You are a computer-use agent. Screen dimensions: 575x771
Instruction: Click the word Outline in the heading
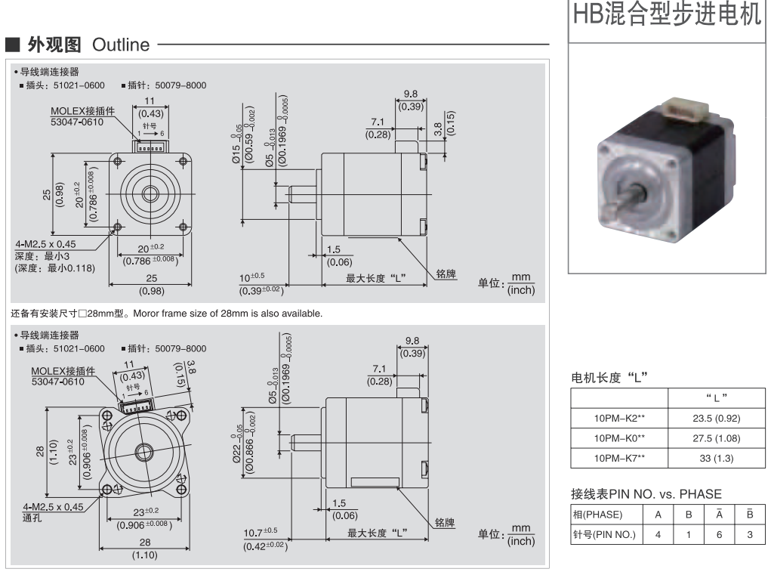tap(121, 45)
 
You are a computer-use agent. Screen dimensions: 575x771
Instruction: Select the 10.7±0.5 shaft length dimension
tap(260, 532)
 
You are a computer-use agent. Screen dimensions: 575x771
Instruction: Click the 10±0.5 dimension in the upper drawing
tap(257, 277)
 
